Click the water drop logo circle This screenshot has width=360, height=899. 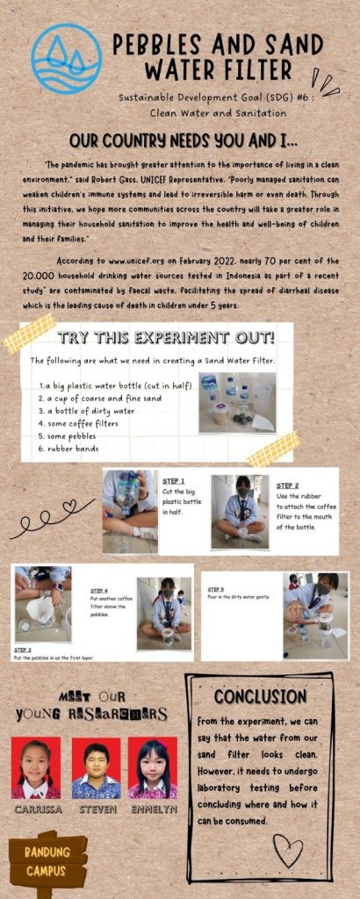(x=67, y=59)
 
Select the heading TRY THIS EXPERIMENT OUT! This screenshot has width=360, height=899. (x=166, y=338)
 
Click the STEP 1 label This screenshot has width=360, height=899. (x=174, y=480)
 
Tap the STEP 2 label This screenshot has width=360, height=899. (x=287, y=485)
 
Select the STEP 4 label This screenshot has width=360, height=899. (x=100, y=591)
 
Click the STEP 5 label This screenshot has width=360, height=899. (x=216, y=589)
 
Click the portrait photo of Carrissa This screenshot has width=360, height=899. (x=36, y=767)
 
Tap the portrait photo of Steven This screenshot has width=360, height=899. (x=96, y=767)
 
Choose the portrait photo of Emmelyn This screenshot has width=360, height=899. (x=153, y=767)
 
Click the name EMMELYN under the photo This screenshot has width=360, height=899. (x=153, y=809)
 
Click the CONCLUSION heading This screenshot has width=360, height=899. (x=260, y=696)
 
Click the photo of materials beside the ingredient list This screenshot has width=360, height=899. (x=237, y=402)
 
